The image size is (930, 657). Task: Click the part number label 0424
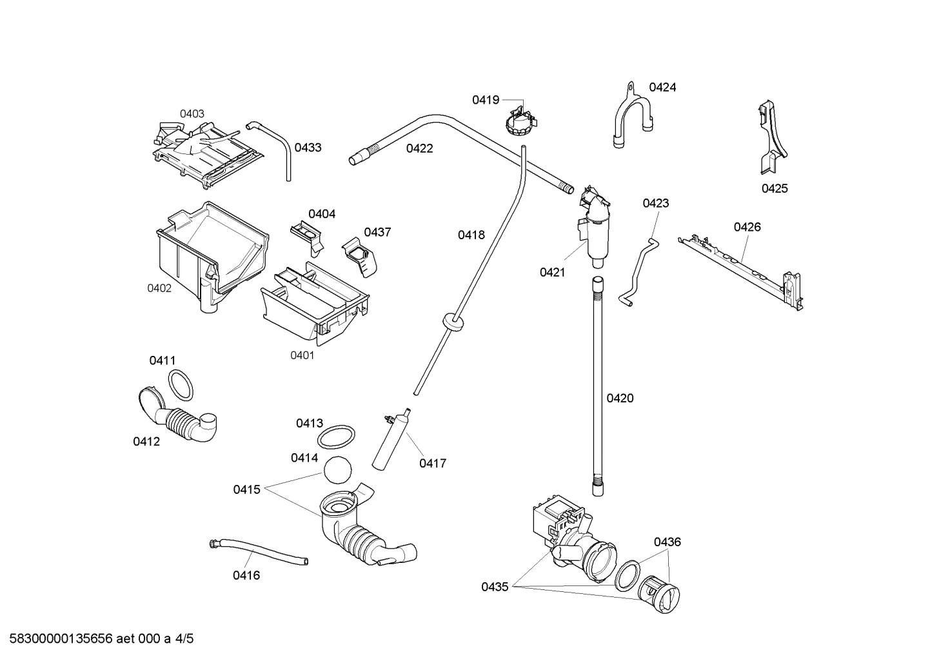662,88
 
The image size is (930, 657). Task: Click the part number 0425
775,189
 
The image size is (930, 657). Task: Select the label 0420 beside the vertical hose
620,398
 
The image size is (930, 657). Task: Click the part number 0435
495,587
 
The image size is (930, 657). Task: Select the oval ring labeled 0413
336,437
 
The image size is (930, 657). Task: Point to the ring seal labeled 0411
181,385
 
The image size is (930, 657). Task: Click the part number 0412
146,442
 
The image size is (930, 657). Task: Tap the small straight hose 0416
258,553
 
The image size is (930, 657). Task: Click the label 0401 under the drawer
302,355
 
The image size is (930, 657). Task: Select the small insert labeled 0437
359,257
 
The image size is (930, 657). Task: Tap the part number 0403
192,114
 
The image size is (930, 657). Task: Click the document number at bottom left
98,639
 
